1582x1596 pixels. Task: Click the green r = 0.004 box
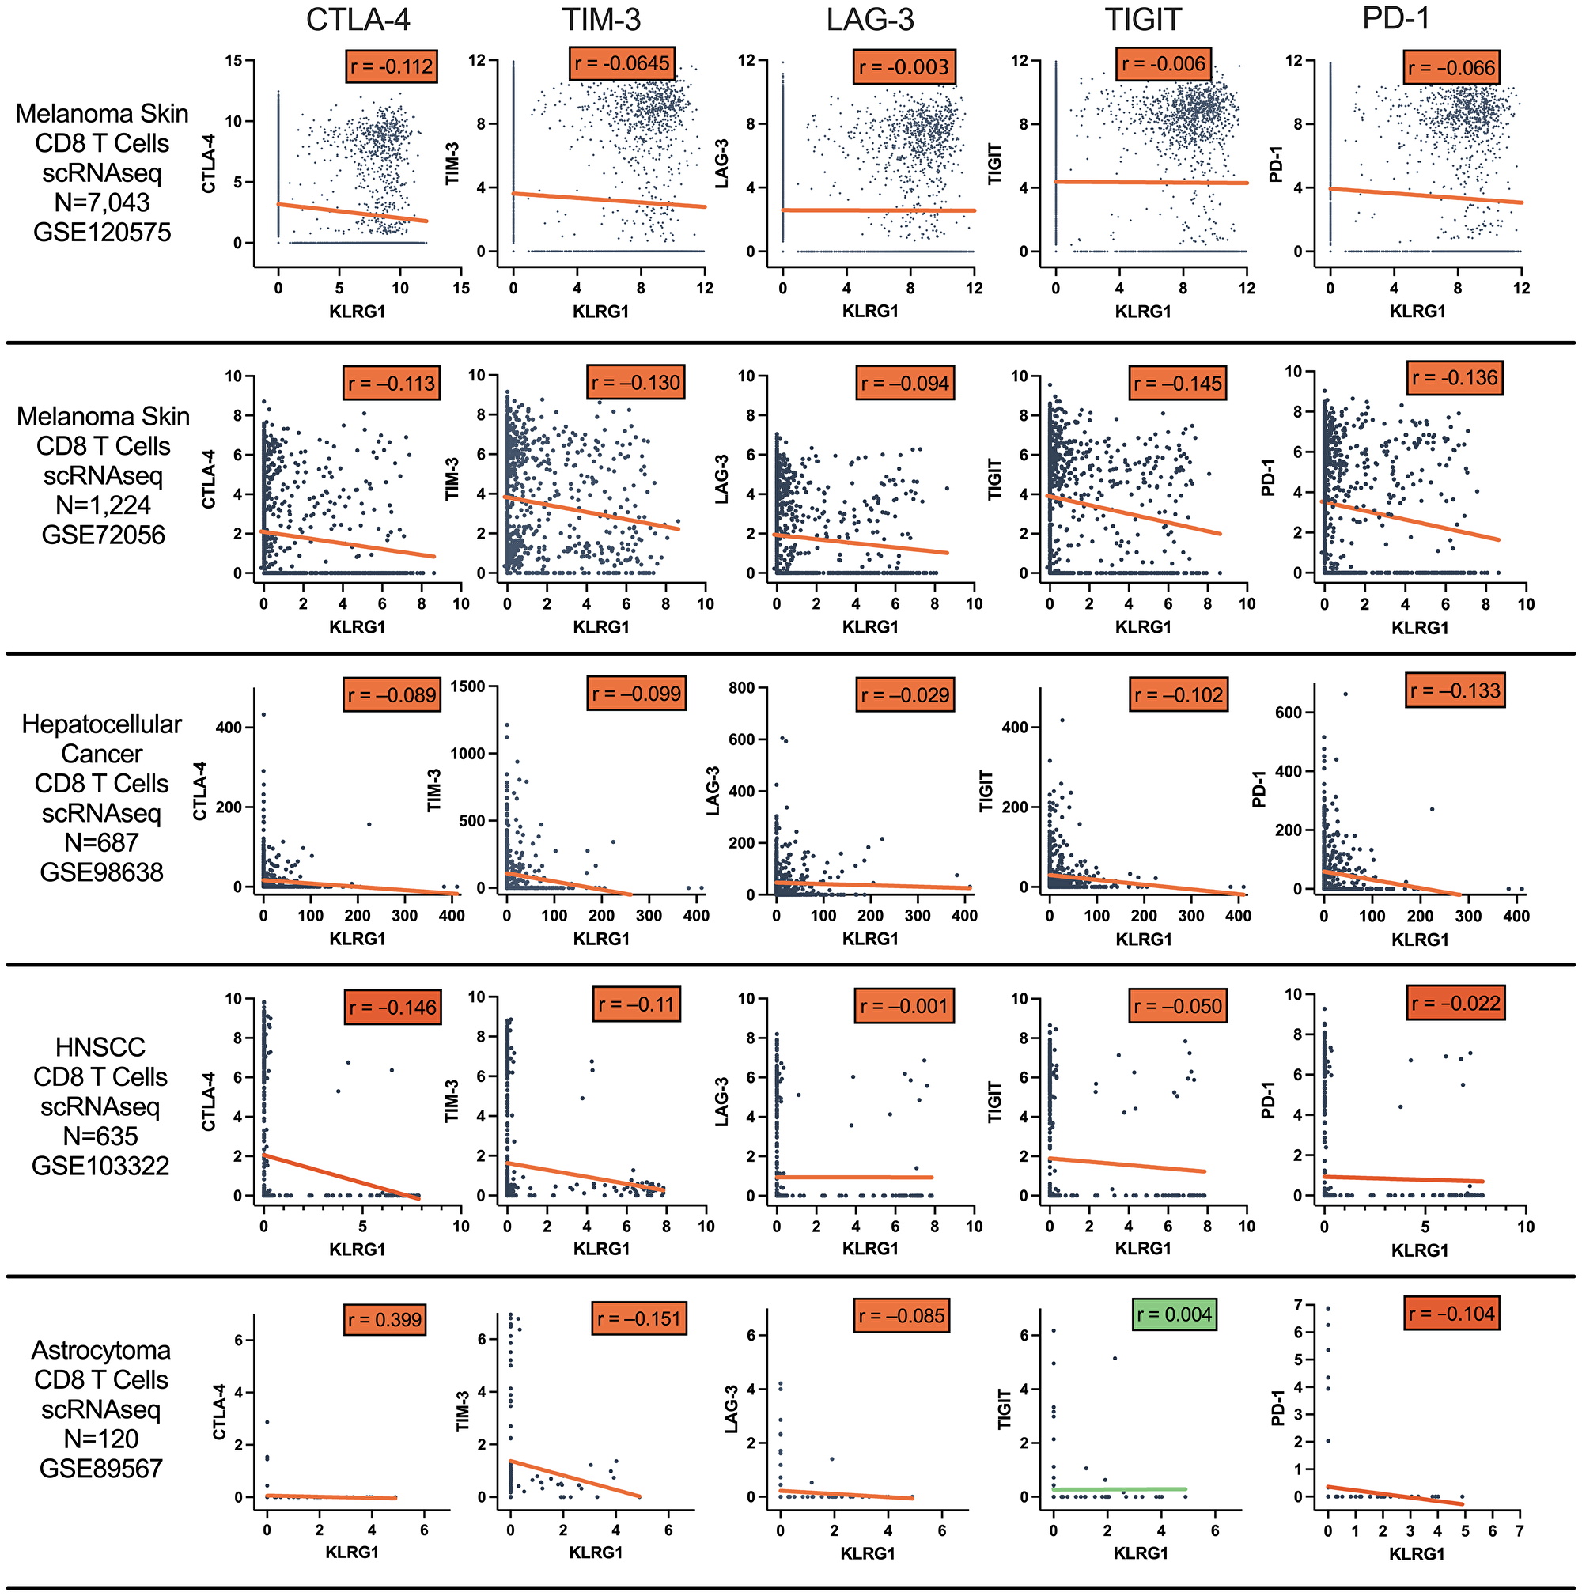tap(1174, 1314)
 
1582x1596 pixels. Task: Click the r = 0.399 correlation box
tap(384, 1319)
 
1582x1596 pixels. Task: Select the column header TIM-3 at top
tap(600, 20)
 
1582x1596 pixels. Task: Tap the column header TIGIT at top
tap(1143, 20)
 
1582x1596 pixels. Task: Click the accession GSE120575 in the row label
tap(101, 233)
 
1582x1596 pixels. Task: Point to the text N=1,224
tap(103, 505)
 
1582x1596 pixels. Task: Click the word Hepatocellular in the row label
tap(101, 724)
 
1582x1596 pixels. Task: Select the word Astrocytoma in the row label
tap(100, 1350)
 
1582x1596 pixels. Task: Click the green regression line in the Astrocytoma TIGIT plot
tap(1119, 1488)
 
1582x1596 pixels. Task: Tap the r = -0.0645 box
tap(622, 63)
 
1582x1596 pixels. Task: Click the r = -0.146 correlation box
tap(392, 1007)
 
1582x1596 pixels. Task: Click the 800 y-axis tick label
tap(741, 687)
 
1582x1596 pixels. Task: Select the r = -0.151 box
tap(638, 1318)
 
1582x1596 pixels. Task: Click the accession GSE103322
tap(100, 1166)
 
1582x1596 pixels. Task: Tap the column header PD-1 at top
tap(1395, 18)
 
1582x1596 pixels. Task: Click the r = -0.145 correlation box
tap(1176, 384)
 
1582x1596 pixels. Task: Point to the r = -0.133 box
tap(1455, 690)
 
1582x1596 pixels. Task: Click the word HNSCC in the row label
tap(100, 1046)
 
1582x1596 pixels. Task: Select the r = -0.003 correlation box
tap(904, 67)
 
